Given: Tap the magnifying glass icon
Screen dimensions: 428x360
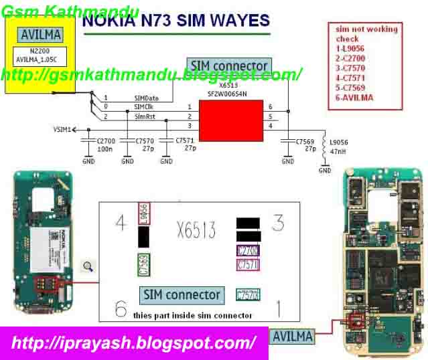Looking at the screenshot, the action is point(88,267).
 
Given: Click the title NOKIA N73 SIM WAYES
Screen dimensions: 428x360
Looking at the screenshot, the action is point(175,21).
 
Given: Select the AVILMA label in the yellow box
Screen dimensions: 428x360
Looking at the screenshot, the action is point(41,34).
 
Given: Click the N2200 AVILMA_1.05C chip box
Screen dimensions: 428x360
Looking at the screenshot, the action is point(41,55).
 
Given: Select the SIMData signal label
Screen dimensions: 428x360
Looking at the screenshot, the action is point(146,98).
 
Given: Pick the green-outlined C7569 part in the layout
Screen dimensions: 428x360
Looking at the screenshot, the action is point(143,266).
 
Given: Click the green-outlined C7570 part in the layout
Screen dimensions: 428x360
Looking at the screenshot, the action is point(248,295).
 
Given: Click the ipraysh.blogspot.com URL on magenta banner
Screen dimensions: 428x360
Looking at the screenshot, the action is point(134,343).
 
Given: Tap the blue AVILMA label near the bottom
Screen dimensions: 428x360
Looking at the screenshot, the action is point(292,336).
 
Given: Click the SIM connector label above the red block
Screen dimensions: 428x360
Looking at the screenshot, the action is point(229,66).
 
